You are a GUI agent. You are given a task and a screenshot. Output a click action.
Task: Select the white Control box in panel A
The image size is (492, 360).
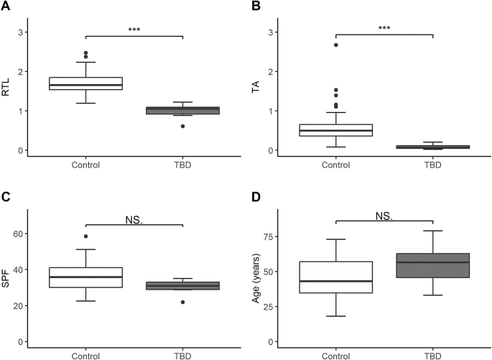point(85,83)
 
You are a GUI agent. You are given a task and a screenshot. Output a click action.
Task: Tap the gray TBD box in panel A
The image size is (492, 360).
point(183,111)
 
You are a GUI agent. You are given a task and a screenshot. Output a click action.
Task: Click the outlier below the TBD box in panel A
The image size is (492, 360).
point(183,126)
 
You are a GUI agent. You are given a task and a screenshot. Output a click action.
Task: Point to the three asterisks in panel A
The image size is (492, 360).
point(134,30)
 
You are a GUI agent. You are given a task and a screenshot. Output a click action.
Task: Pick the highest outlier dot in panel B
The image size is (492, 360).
point(335,45)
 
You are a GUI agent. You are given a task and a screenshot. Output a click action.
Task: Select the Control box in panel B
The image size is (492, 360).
point(335,130)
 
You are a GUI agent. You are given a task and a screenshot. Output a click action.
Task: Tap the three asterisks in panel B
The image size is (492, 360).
point(384,29)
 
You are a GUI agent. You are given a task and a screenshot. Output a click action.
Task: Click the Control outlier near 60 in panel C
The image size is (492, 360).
point(85,236)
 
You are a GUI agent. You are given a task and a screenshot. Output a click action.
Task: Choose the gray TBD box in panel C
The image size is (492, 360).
point(183,285)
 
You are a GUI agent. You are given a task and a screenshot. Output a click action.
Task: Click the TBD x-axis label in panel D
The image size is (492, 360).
point(433,355)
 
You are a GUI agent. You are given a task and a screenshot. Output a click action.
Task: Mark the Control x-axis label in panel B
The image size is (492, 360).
point(335,164)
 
